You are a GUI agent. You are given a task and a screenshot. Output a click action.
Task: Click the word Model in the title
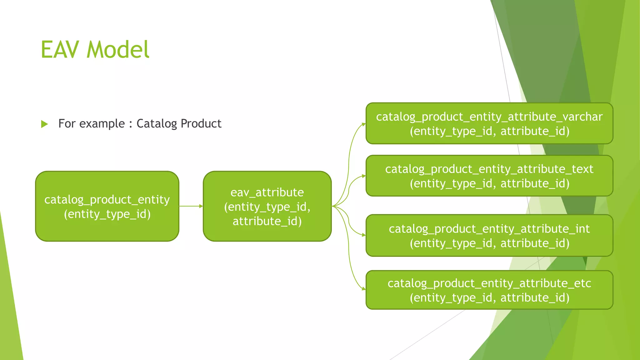tap(118, 50)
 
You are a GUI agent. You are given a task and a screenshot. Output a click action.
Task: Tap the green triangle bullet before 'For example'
tap(44, 124)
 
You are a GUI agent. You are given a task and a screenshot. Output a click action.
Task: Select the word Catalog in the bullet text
tap(157, 124)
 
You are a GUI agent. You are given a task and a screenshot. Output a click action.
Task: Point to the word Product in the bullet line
tap(201, 123)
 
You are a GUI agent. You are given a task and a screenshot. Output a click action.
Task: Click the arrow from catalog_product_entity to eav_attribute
tap(191, 206)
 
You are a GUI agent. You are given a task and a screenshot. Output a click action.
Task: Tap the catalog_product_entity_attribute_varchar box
tap(489, 123)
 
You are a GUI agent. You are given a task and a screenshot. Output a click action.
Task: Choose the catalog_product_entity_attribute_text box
tap(489, 176)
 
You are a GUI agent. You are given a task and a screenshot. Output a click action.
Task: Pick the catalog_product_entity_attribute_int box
tap(489, 236)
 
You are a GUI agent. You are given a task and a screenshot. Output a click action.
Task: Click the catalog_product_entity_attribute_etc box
tap(489, 290)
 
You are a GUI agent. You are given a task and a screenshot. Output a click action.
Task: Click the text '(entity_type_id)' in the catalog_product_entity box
tap(107, 214)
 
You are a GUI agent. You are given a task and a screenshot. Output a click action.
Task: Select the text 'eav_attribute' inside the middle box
tap(267, 192)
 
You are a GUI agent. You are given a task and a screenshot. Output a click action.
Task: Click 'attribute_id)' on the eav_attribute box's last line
tap(267, 221)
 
